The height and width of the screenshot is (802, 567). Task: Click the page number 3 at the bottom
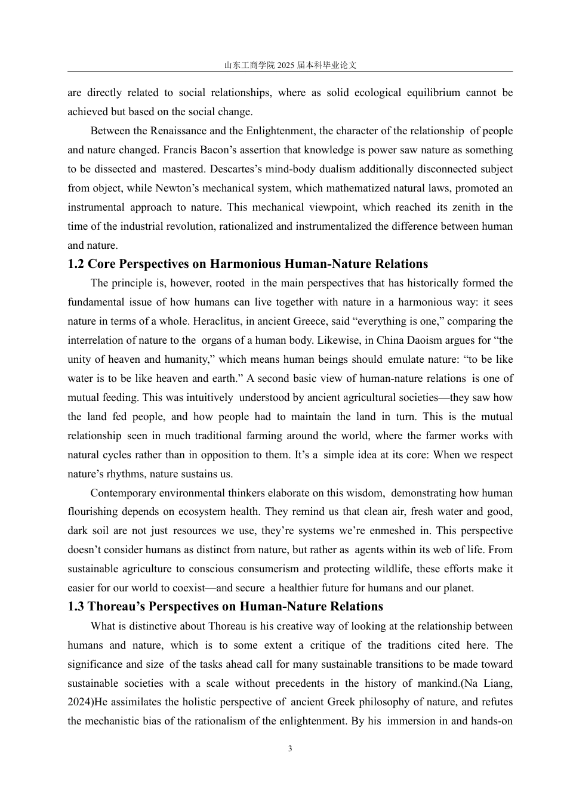click(290, 749)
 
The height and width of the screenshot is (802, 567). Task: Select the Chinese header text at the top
click(290, 65)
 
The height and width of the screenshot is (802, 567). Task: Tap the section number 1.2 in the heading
click(76, 264)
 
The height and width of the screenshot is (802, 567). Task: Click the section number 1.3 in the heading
click(76, 607)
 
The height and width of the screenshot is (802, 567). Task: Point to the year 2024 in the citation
click(79, 702)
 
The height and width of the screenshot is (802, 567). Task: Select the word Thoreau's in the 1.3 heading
click(116, 607)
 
